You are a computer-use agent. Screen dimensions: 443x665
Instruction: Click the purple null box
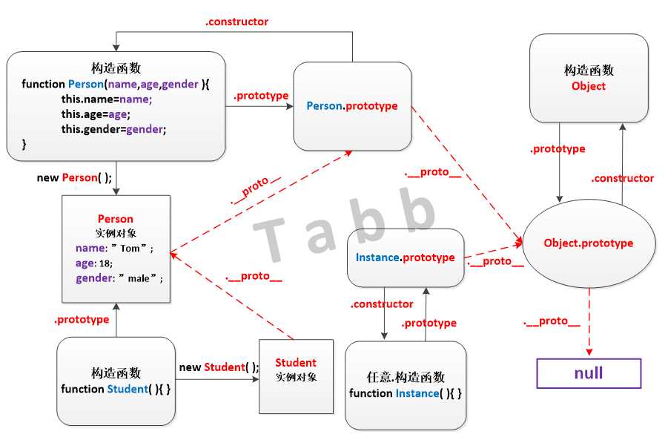coord(589,373)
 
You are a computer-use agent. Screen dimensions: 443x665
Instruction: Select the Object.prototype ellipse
coord(589,243)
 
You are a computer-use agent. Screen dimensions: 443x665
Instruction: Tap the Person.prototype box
coord(352,106)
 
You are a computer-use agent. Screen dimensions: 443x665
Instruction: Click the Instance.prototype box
coord(406,257)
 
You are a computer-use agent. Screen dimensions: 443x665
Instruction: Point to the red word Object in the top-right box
coord(589,86)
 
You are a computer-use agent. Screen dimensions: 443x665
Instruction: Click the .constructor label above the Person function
coord(236,22)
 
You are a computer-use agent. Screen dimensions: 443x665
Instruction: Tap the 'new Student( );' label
coord(219,367)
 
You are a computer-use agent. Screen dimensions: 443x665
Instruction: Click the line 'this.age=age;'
coord(96,114)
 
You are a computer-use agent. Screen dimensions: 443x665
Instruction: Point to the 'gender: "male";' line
coord(119,278)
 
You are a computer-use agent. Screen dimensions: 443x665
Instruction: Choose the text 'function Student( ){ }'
coord(116,389)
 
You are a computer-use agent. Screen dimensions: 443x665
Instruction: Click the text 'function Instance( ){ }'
coord(406,393)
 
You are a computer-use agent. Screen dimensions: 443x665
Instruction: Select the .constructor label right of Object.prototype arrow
coord(623,179)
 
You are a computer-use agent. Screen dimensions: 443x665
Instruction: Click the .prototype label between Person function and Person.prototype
coord(261,96)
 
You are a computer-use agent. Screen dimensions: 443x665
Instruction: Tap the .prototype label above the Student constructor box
coord(82,320)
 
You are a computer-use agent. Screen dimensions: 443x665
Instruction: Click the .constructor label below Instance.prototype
coord(382,304)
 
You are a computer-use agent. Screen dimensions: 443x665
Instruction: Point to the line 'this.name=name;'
coord(106,99)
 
